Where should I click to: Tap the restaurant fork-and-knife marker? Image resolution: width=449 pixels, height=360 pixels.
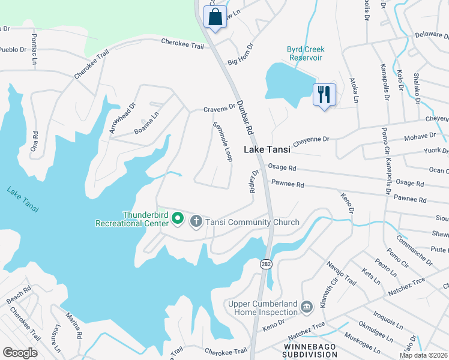click(x=324, y=94)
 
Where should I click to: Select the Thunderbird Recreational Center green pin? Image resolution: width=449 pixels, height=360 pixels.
click(x=178, y=218)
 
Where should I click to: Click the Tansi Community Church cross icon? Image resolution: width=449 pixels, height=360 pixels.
click(x=196, y=222)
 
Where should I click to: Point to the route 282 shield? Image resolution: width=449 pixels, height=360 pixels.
click(x=265, y=263)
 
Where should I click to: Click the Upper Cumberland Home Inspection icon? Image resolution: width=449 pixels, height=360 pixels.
click(x=307, y=308)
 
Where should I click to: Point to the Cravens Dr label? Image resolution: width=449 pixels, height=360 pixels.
click(x=219, y=109)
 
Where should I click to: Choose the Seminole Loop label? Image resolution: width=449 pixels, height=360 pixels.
click(x=223, y=142)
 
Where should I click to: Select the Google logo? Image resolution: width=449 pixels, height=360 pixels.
click(x=20, y=352)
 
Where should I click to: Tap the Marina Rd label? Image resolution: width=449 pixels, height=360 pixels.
click(x=74, y=325)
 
